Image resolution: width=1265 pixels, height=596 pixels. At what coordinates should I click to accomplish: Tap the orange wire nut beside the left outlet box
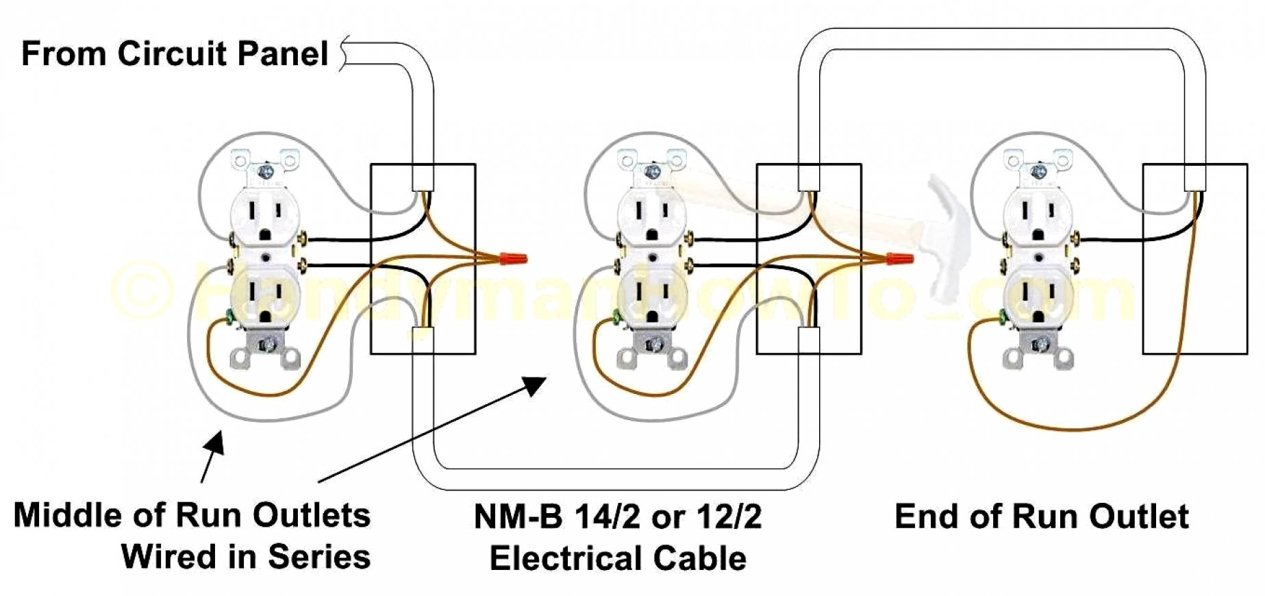click(x=514, y=259)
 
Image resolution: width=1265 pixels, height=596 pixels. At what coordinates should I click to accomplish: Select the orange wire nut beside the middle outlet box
click(x=900, y=259)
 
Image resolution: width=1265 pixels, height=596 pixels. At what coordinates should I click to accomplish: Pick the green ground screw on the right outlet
click(x=1002, y=316)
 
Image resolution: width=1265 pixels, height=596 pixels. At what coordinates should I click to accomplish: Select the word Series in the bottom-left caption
click(x=318, y=556)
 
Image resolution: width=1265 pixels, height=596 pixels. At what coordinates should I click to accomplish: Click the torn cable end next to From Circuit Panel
click(x=345, y=53)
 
